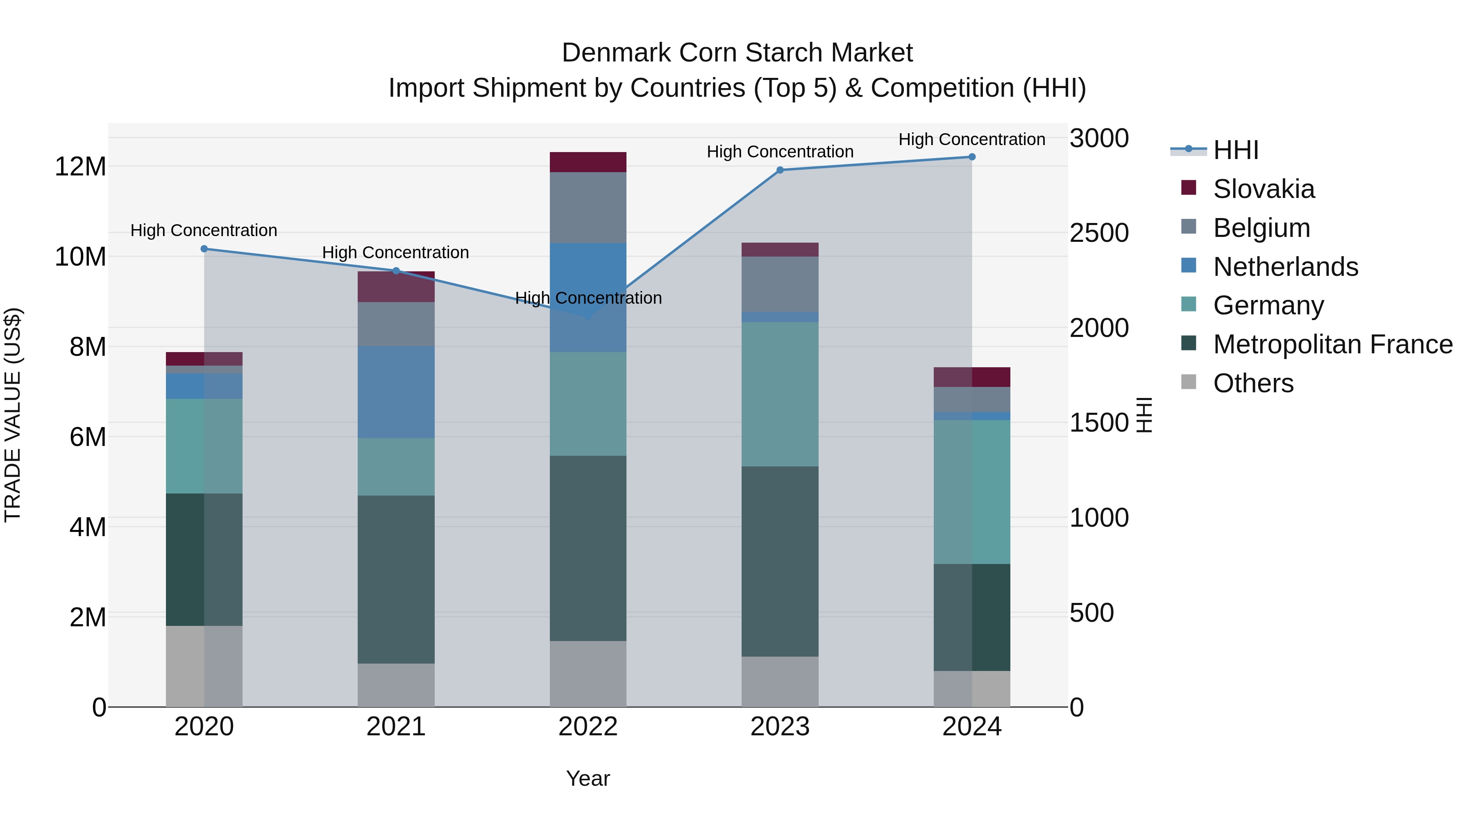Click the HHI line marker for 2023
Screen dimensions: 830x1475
(x=779, y=170)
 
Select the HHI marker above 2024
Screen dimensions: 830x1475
(x=972, y=157)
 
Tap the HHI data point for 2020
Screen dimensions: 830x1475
(x=204, y=249)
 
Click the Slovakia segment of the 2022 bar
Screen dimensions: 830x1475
(x=588, y=162)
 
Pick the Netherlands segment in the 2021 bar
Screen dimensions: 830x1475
(x=396, y=392)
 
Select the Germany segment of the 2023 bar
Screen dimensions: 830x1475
(x=779, y=394)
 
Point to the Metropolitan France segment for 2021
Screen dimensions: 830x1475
(x=396, y=579)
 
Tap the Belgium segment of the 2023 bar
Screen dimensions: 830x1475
(x=779, y=284)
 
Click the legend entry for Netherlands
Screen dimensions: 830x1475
(x=1285, y=267)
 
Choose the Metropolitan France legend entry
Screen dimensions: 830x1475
(x=1332, y=344)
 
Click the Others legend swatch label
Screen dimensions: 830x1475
(x=1253, y=383)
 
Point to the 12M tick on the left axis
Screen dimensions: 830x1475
(x=80, y=167)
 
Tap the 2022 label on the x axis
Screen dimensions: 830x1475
(x=588, y=727)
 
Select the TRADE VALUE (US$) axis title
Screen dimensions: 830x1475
(x=13, y=415)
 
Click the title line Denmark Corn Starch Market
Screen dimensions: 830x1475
(x=737, y=53)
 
